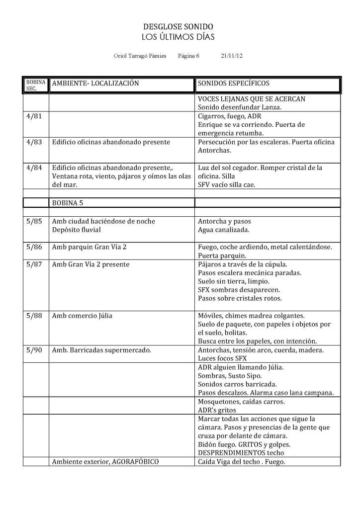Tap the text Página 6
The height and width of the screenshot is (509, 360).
pyautogui.click(x=188, y=56)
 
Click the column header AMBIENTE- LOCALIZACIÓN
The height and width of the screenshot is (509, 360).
pyautogui.click(x=95, y=83)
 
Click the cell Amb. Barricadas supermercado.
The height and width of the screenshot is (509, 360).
pyautogui.click(x=102, y=350)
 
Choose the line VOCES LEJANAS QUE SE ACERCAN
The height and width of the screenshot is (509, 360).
pyautogui.click(x=252, y=99)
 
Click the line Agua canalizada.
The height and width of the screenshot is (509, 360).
pyautogui.click(x=224, y=230)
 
